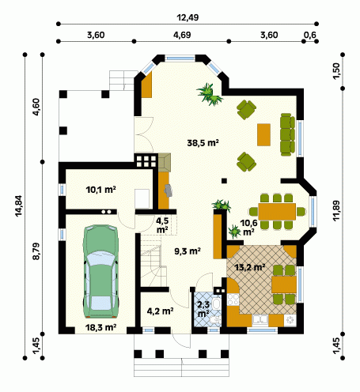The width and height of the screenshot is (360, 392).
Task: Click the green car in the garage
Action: pyautogui.click(x=100, y=271)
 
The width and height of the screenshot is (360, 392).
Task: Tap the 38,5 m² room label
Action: pyautogui.click(x=203, y=143)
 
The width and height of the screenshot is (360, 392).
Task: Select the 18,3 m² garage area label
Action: pyautogui.click(x=101, y=327)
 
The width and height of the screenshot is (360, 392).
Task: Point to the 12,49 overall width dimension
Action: pyautogui.click(x=188, y=17)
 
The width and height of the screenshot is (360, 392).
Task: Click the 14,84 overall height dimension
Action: pyautogui.click(x=19, y=206)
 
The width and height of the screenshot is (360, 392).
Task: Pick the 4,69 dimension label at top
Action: pyautogui.click(x=182, y=35)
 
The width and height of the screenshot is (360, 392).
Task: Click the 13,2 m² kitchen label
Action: pyautogui.click(x=250, y=267)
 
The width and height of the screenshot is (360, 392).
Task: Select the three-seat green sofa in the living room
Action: pyautogui.click(x=287, y=134)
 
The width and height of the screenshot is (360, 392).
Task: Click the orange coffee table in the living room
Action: pyautogui.click(x=263, y=134)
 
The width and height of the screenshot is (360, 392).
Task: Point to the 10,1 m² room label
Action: pyautogui.click(x=101, y=190)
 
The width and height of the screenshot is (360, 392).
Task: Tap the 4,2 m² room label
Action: pyautogui.click(x=160, y=311)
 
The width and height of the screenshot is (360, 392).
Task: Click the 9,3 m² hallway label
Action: pyautogui.click(x=188, y=251)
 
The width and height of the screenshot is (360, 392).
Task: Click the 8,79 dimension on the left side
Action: pyautogui.click(x=36, y=251)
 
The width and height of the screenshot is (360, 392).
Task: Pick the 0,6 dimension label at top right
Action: pyautogui.click(x=310, y=35)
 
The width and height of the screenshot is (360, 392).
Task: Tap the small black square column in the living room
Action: pyautogui.click(x=224, y=181)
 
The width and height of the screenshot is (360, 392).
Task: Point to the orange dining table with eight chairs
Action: pyautogui.click(x=277, y=211)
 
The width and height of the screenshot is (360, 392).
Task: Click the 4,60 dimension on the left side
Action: pyautogui.click(x=36, y=107)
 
